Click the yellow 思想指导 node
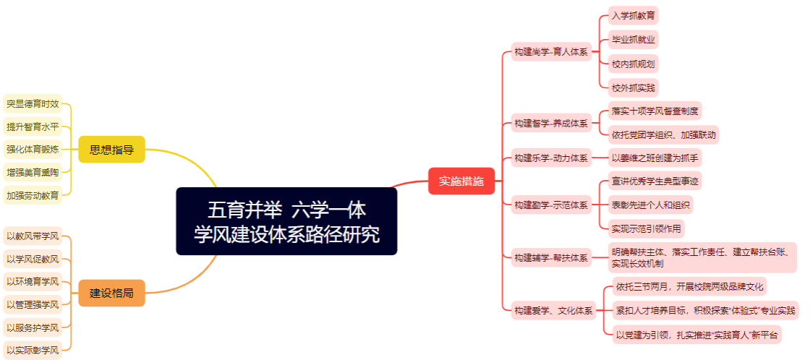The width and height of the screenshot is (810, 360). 111,150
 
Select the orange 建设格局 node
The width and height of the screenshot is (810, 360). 111,293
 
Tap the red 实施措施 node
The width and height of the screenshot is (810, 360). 461,181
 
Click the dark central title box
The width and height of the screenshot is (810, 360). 286,221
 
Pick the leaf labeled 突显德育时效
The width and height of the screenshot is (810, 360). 33,104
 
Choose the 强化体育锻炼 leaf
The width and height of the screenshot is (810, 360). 33,150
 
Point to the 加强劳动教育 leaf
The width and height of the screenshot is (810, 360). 33,195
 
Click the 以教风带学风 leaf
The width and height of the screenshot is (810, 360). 33,237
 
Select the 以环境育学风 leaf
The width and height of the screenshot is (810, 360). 33,282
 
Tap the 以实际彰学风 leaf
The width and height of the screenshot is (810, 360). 33,351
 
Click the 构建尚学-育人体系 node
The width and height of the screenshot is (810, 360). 551,51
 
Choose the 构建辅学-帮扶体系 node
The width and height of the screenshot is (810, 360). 551,257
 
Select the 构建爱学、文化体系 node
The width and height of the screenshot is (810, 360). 553,311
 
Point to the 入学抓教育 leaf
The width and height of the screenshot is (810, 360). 634,15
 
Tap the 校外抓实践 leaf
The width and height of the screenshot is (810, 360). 634,87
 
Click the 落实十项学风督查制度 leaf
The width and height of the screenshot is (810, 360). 655,111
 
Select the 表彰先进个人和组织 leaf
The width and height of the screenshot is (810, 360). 651,204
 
